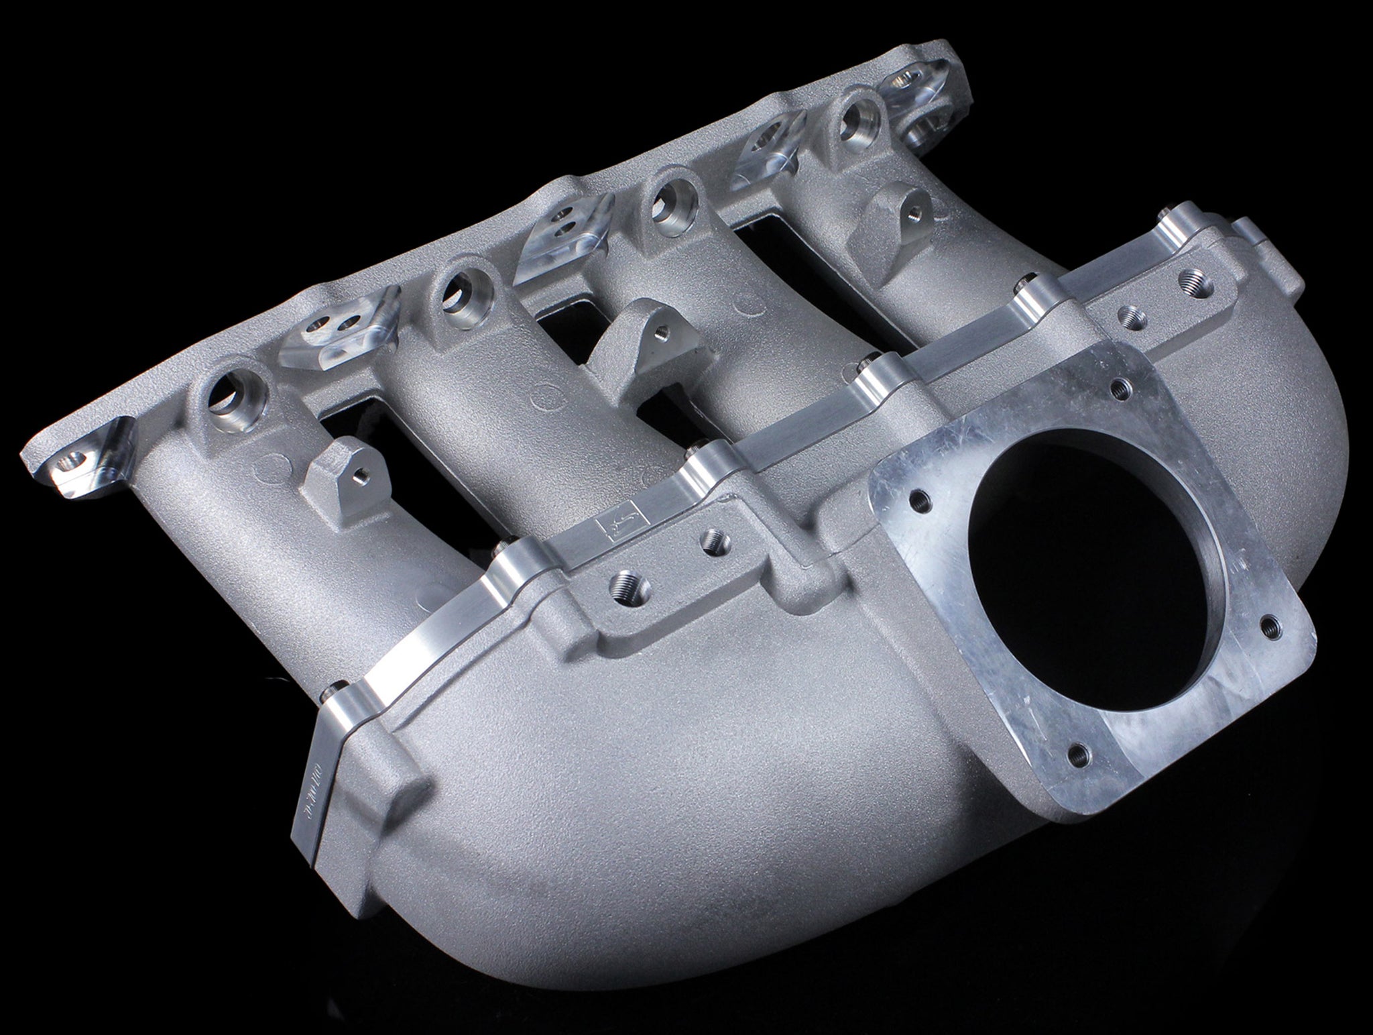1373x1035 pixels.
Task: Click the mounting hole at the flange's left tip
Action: [70, 461]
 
